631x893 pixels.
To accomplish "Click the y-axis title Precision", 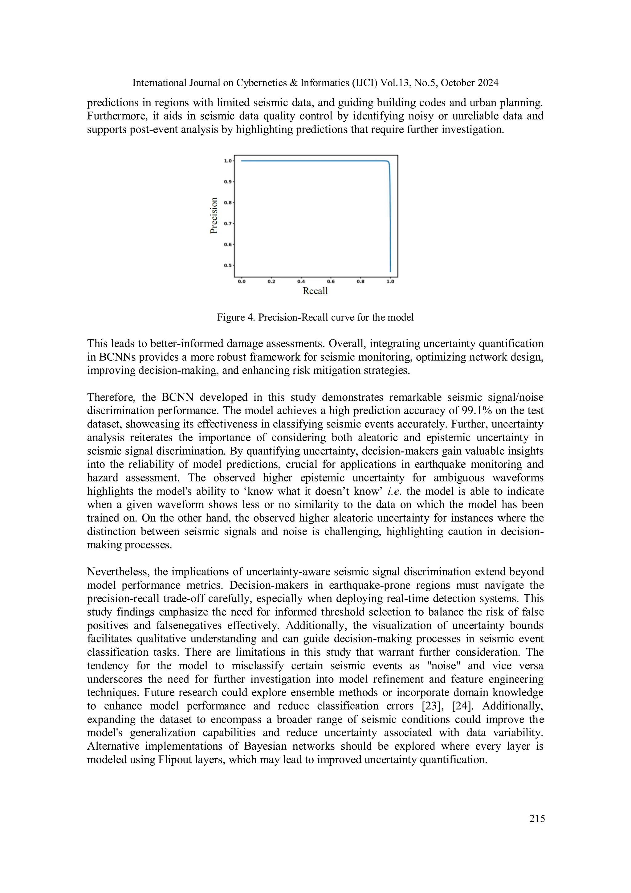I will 214,215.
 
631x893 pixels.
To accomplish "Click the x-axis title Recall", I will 315,291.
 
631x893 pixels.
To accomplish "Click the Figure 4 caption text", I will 315,317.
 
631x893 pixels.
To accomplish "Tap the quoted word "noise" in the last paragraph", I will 444,666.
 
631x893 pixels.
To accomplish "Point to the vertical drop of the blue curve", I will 390,218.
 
